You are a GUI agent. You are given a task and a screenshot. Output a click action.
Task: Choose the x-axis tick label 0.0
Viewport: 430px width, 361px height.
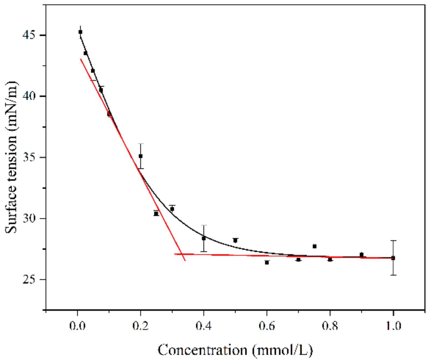[78, 326]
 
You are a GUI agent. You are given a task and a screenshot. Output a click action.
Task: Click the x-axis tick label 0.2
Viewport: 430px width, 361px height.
[141, 326]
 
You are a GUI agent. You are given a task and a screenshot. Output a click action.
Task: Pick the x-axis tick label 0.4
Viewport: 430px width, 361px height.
[204, 326]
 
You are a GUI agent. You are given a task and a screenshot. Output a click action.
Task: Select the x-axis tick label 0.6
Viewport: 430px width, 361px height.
[267, 326]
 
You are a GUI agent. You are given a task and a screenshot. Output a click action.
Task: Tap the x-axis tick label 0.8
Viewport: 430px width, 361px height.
[330, 326]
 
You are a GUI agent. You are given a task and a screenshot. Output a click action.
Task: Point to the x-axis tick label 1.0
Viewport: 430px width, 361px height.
[393, 326]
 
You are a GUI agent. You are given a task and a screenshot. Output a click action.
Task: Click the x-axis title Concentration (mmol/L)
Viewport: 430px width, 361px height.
[235, 350]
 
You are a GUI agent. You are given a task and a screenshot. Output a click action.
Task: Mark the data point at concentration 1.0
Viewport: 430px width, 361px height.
[393, 258]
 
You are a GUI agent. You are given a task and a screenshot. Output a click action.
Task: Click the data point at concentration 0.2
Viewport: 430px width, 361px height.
[141, 156]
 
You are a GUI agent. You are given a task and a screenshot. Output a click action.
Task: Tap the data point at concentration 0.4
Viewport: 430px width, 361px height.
[204, 238]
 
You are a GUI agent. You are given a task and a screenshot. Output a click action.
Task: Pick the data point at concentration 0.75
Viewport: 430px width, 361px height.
[314, 246]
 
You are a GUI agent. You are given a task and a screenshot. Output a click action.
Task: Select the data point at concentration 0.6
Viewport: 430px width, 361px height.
[267, 262]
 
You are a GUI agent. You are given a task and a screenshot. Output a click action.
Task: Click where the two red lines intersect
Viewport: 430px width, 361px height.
[182, 254]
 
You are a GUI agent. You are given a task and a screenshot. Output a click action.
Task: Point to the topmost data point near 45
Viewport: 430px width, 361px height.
[80, 32]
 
